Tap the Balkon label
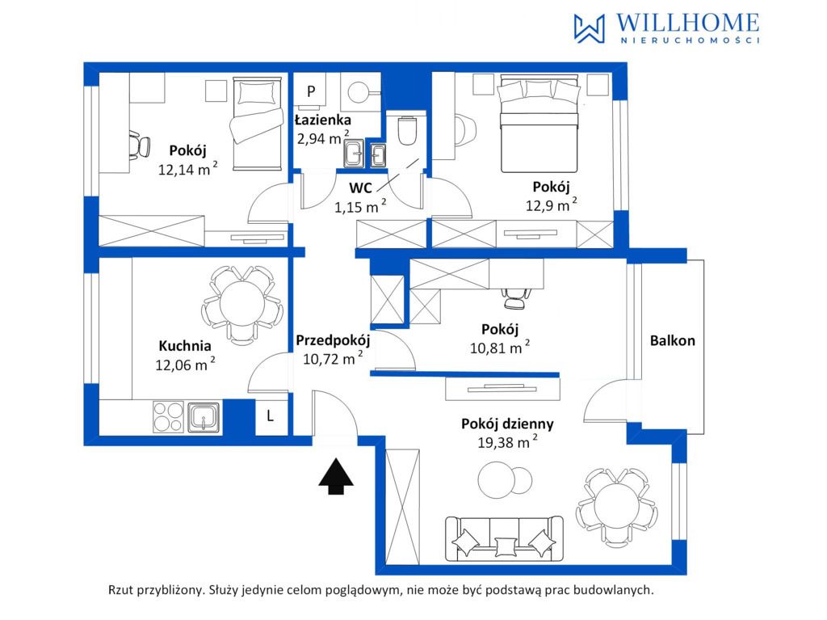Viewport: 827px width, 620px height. pos(672,340)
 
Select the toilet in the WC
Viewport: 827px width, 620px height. pos(407,130)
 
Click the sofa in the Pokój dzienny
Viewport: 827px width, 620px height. pos(504,538)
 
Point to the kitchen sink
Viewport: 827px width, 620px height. pos(204,417)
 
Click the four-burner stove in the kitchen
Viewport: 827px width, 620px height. pos(168,417)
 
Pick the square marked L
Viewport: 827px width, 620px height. pos(271,416)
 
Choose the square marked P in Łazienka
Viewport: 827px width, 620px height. pos(311,91)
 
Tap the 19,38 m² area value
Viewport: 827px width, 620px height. pos(507,441)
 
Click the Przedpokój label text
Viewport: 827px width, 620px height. pos(333,340)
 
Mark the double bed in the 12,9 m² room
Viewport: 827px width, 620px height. pos(539,124)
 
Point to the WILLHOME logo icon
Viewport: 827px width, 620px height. pos(589,28)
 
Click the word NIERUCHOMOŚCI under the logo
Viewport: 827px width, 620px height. pos(690,40)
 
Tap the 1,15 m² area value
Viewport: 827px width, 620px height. pos(359,206)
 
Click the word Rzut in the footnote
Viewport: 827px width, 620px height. pos(121,590)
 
